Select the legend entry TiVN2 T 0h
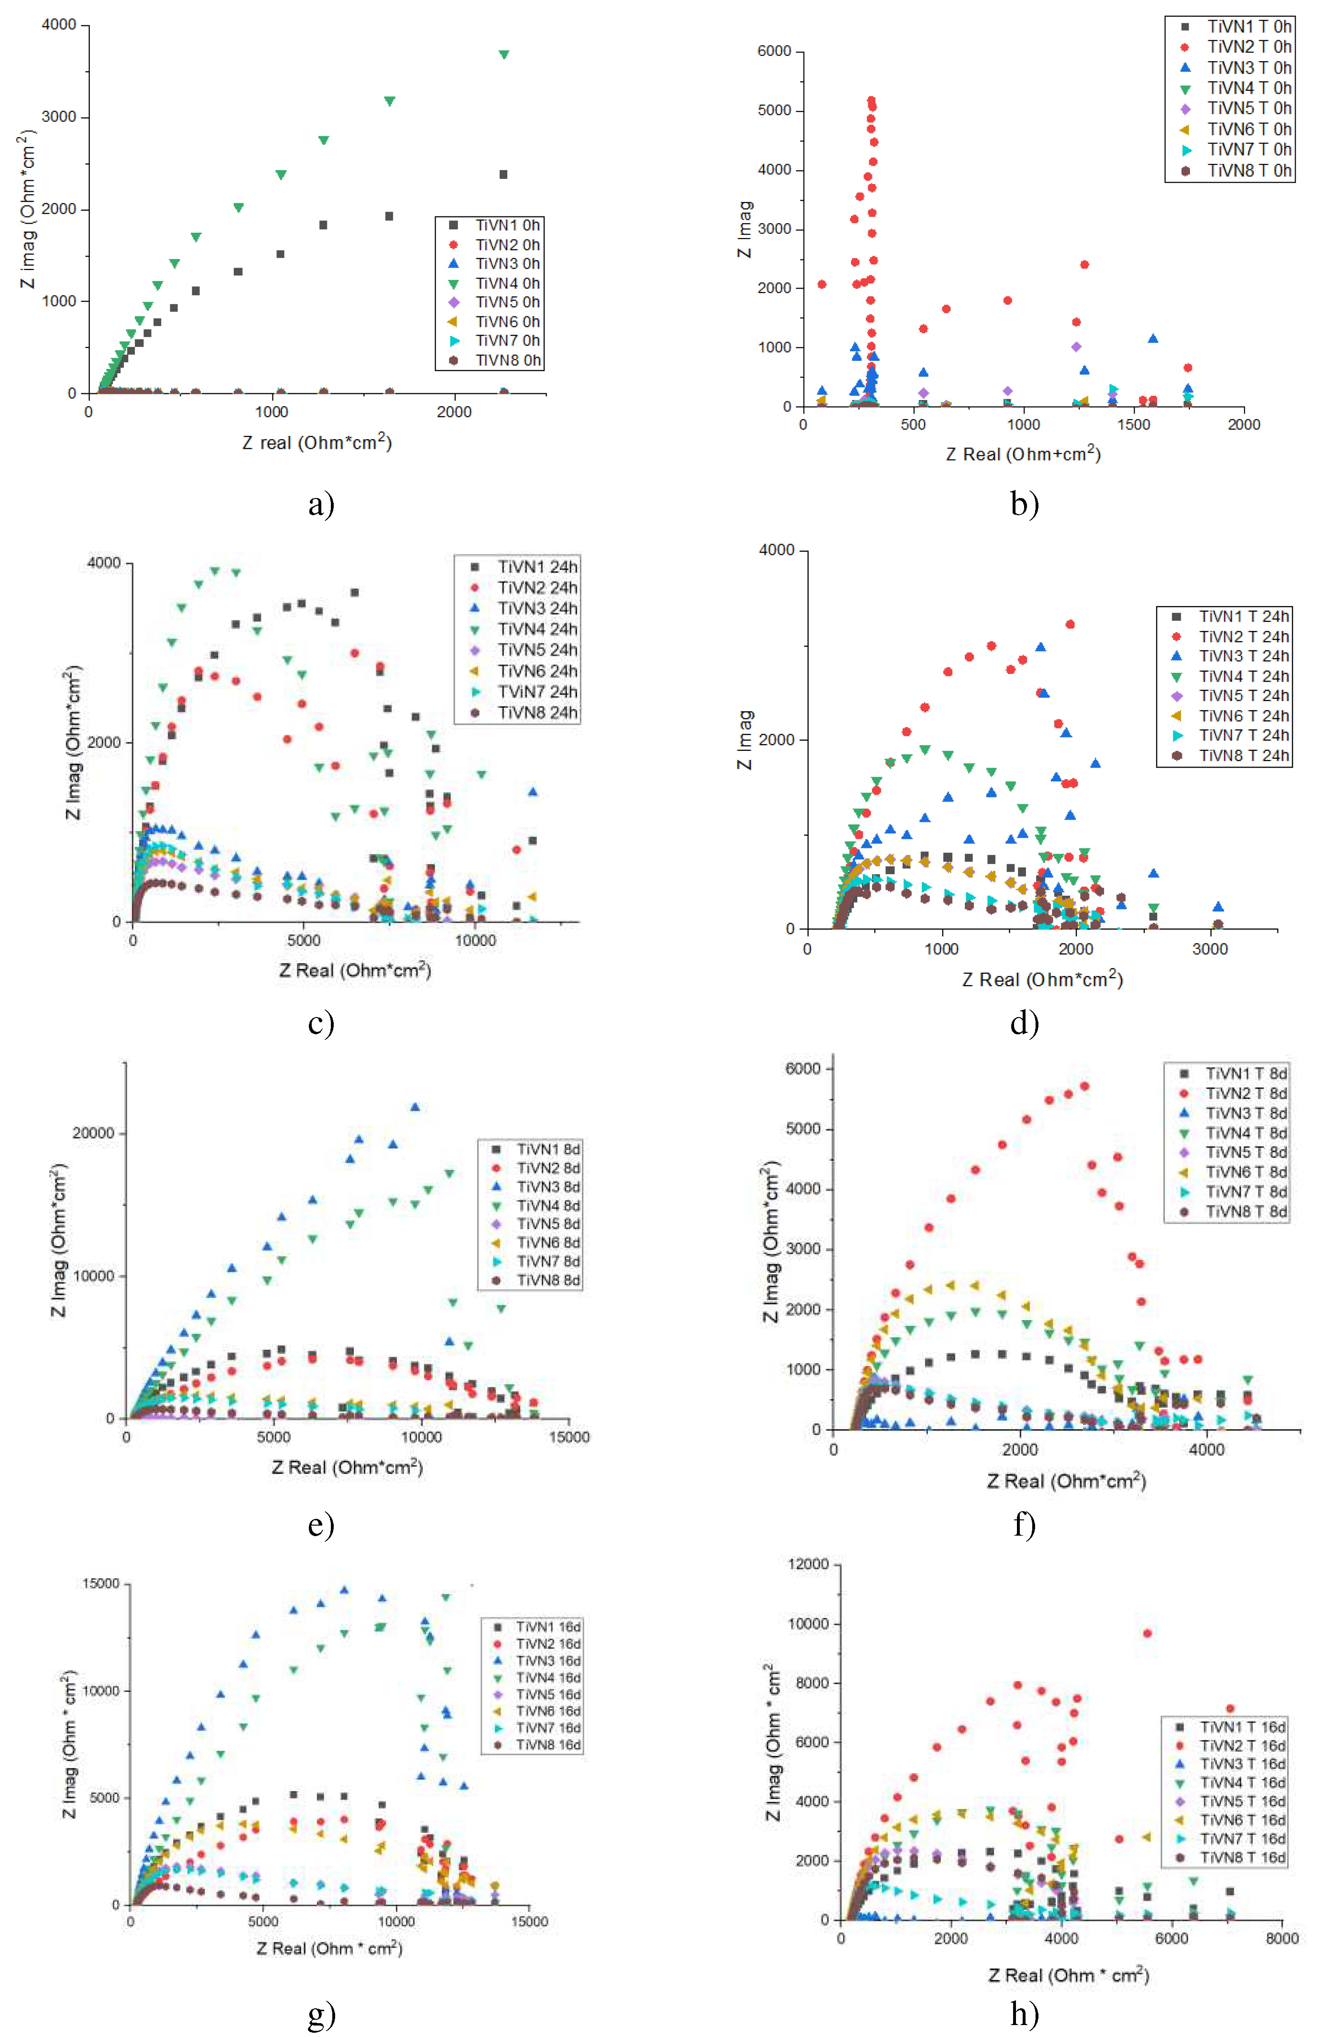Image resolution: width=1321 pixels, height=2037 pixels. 1248,47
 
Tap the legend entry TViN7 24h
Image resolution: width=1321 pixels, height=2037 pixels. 537,692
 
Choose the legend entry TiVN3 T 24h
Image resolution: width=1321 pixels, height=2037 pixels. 1243,656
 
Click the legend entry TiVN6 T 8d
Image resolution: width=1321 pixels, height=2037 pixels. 1245,1172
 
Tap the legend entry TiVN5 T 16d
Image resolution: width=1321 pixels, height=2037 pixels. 1241,1801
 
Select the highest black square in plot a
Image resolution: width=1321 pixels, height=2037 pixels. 503,174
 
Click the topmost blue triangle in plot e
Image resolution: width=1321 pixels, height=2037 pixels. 415,1106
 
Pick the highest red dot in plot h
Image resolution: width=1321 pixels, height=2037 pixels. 1147,1633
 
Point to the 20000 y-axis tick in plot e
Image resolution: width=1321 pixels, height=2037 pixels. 92,1133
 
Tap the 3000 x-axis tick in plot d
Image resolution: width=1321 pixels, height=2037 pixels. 1210,948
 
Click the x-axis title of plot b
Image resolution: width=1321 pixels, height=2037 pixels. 1023,454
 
